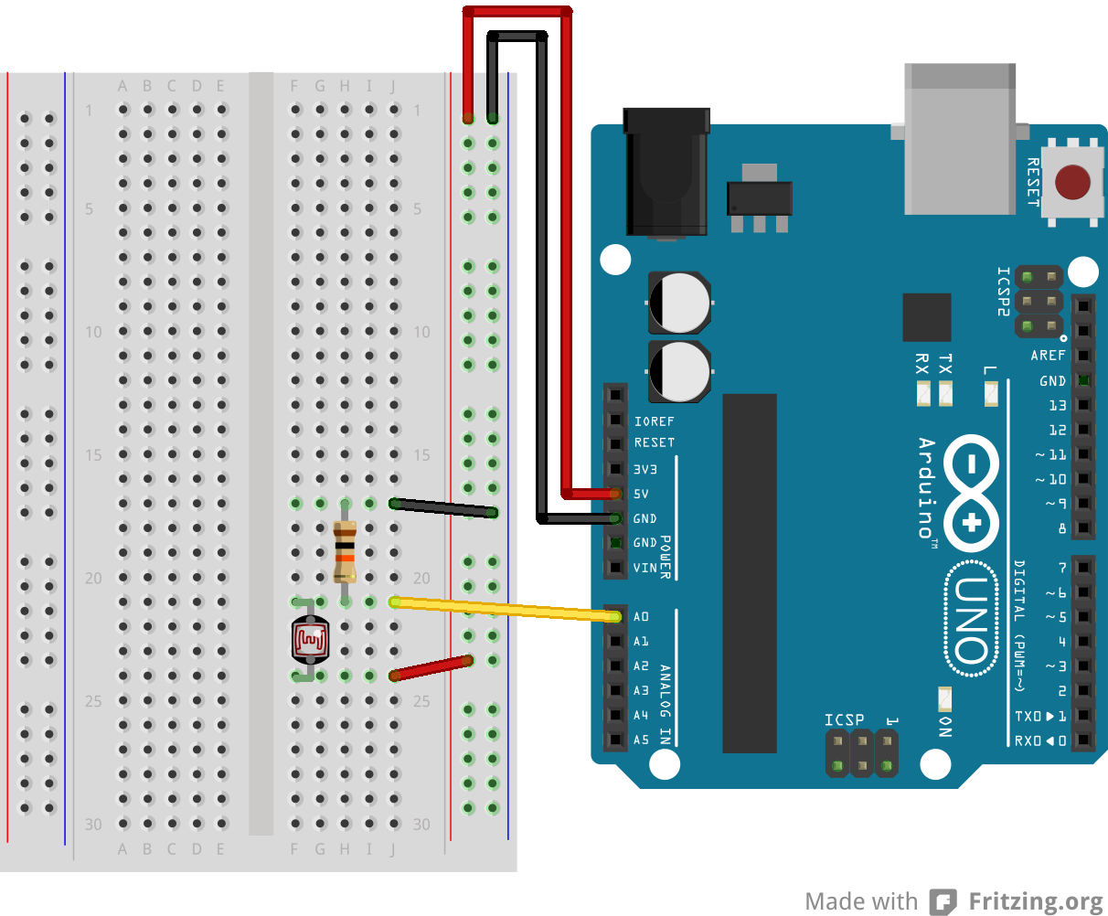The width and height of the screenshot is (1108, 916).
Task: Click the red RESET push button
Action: tap(1072, 182)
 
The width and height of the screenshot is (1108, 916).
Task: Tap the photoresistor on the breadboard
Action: tap(310, 640)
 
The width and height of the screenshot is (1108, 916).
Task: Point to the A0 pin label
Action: tap(641, 617)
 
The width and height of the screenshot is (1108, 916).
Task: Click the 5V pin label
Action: tap(641, 494)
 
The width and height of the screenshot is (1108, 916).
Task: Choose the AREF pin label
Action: tap(1048, 356)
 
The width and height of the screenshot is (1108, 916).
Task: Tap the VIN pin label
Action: tap(645, 568)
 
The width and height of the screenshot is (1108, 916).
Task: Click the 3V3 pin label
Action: tap(645, 469)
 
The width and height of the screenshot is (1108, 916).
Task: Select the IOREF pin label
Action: tap(654, 421)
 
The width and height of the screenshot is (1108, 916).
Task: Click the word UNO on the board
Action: tap(971, 620)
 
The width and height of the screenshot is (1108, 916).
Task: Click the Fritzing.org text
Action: tap(1035, 901)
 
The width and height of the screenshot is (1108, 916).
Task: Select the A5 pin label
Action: tap(641, 740)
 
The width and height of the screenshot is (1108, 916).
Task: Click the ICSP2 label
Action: tap(1004, 292)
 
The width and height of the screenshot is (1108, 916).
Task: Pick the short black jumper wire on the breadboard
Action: tap(444, 508)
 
